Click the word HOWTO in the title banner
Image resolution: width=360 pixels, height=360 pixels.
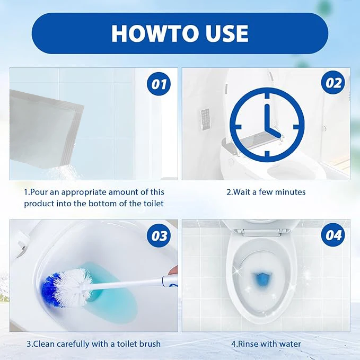pos(151,33)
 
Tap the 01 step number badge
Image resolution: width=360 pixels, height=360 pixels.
pos(159,84)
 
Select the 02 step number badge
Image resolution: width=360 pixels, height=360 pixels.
pos(333,83)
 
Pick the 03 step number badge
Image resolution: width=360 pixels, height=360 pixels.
pos(159,235)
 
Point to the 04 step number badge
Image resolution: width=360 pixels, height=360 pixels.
pos(333,235)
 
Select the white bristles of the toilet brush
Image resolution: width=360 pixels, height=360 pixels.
pos(74,287)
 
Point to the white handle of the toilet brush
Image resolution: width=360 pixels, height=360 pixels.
pos(128,283)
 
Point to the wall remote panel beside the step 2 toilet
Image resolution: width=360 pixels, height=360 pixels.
pos(205,119)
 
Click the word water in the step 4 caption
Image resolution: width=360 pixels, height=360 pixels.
pos(290,344)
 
